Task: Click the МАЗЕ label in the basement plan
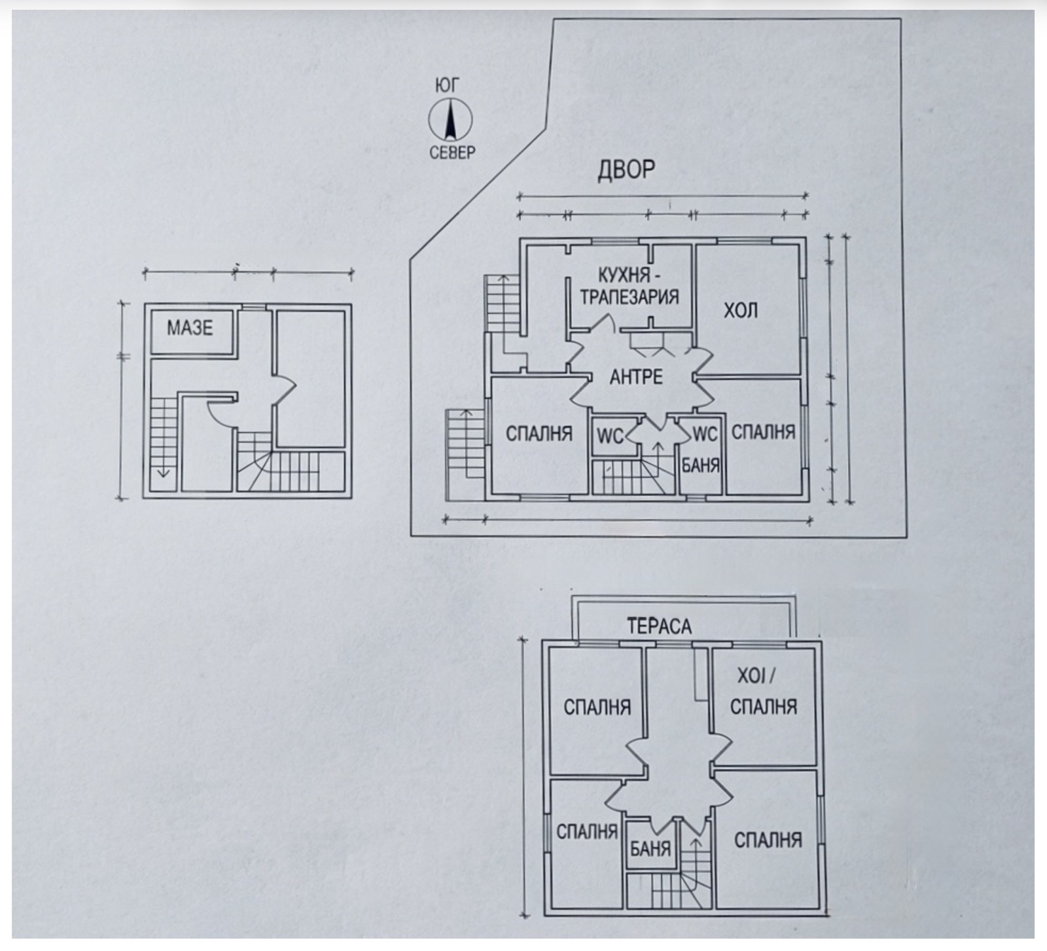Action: [x=190, y=327]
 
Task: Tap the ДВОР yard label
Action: [x=626, y=170]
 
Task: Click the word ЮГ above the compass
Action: [x=448, y=85]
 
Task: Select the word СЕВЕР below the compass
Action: [x=452, y=153]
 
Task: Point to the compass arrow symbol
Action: [x=450, y=119]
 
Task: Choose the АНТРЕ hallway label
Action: [x=635, y=376]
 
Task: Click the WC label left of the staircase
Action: [x=610, y=436]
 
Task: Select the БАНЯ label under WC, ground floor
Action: [x=701, y=465]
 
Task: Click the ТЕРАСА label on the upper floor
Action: [x=659, y=626]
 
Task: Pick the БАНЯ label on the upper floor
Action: [x=650, y=849]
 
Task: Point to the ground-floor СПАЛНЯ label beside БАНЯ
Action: [x=763, y=433]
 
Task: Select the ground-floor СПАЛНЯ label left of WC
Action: [x=539, y=433]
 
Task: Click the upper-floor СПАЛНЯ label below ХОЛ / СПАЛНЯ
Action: [x=768, y=840]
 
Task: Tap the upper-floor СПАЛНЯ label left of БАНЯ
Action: [x=587, y=832]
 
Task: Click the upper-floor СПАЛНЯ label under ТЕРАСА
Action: [x=597, y=708]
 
